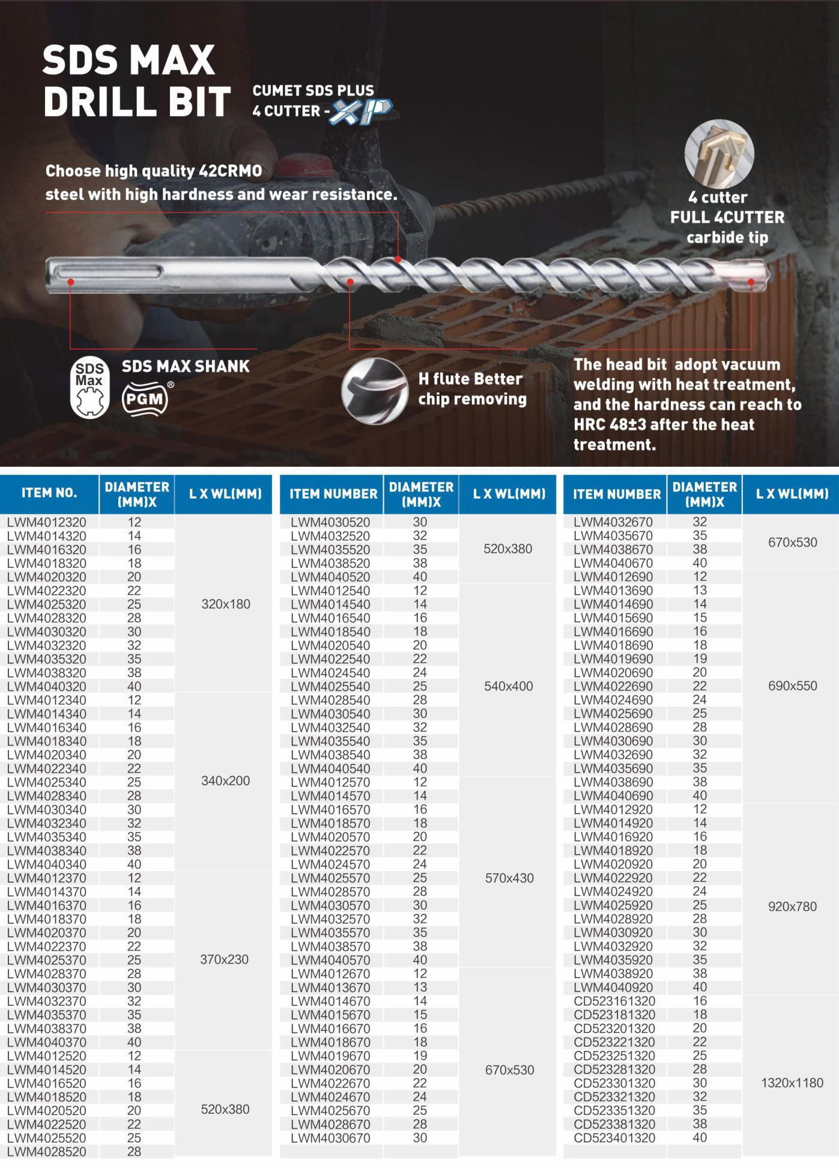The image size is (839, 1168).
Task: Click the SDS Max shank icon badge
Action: click(x=89, y=388)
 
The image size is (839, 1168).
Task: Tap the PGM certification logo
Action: click(x=145, y=398)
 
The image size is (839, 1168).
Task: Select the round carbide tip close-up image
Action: click(x=719, y=154)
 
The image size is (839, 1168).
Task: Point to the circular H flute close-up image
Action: click(x=375, y=391)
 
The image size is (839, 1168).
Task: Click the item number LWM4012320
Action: click(x=47, y=522)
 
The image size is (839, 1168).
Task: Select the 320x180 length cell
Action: click(x=226, y=604)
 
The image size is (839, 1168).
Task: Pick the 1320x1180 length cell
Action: click(x=792, y=1083)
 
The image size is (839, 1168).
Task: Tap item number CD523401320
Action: click(x=614, y=1137)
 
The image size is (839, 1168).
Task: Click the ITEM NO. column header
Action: click(x=49, y=493)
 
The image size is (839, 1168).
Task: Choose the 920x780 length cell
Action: click(x=792, y=906)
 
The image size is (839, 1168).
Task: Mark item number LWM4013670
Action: click(x=330, y=987)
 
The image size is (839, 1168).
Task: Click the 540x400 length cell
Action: click(x=509, y=686)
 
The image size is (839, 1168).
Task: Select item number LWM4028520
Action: click(x=47, y=1151)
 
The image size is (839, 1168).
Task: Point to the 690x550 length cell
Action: click(x=792, y=686)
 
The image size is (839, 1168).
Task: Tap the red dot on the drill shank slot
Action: click(x=71, y=281)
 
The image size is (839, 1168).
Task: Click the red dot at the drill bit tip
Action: click(x=751, y=281)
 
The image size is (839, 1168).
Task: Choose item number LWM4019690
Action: click(x=613, y=659)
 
